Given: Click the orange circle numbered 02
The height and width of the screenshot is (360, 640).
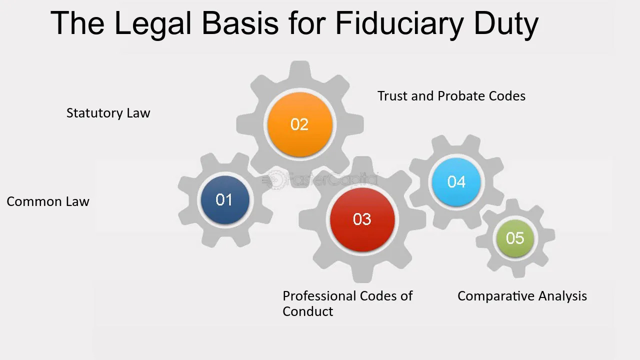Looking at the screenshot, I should (299, 124).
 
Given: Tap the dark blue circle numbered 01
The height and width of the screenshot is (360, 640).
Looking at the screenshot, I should (224, 200).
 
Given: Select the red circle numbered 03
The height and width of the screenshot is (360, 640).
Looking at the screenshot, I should (362, 219).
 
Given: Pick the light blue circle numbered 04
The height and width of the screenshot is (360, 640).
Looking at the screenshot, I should (456, 182).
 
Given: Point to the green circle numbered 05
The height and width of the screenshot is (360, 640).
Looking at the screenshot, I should (515, 238).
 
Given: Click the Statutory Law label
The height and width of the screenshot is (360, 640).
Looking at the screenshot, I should (108, 113).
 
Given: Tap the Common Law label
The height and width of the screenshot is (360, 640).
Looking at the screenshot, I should (48, 201).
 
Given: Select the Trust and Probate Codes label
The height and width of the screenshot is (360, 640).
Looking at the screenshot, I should (451, 96).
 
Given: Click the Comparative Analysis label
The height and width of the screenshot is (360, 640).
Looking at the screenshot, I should (522, 296).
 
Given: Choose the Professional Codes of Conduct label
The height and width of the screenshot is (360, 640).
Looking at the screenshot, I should (347, 303).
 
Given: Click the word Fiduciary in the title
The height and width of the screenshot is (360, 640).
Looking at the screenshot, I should (399, 23).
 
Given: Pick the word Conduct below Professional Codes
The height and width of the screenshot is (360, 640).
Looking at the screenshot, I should (307, 311).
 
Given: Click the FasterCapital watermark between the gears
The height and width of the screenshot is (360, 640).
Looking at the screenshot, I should (320, 179).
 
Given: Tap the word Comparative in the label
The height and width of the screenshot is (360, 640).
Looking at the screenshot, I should (495, 296).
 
